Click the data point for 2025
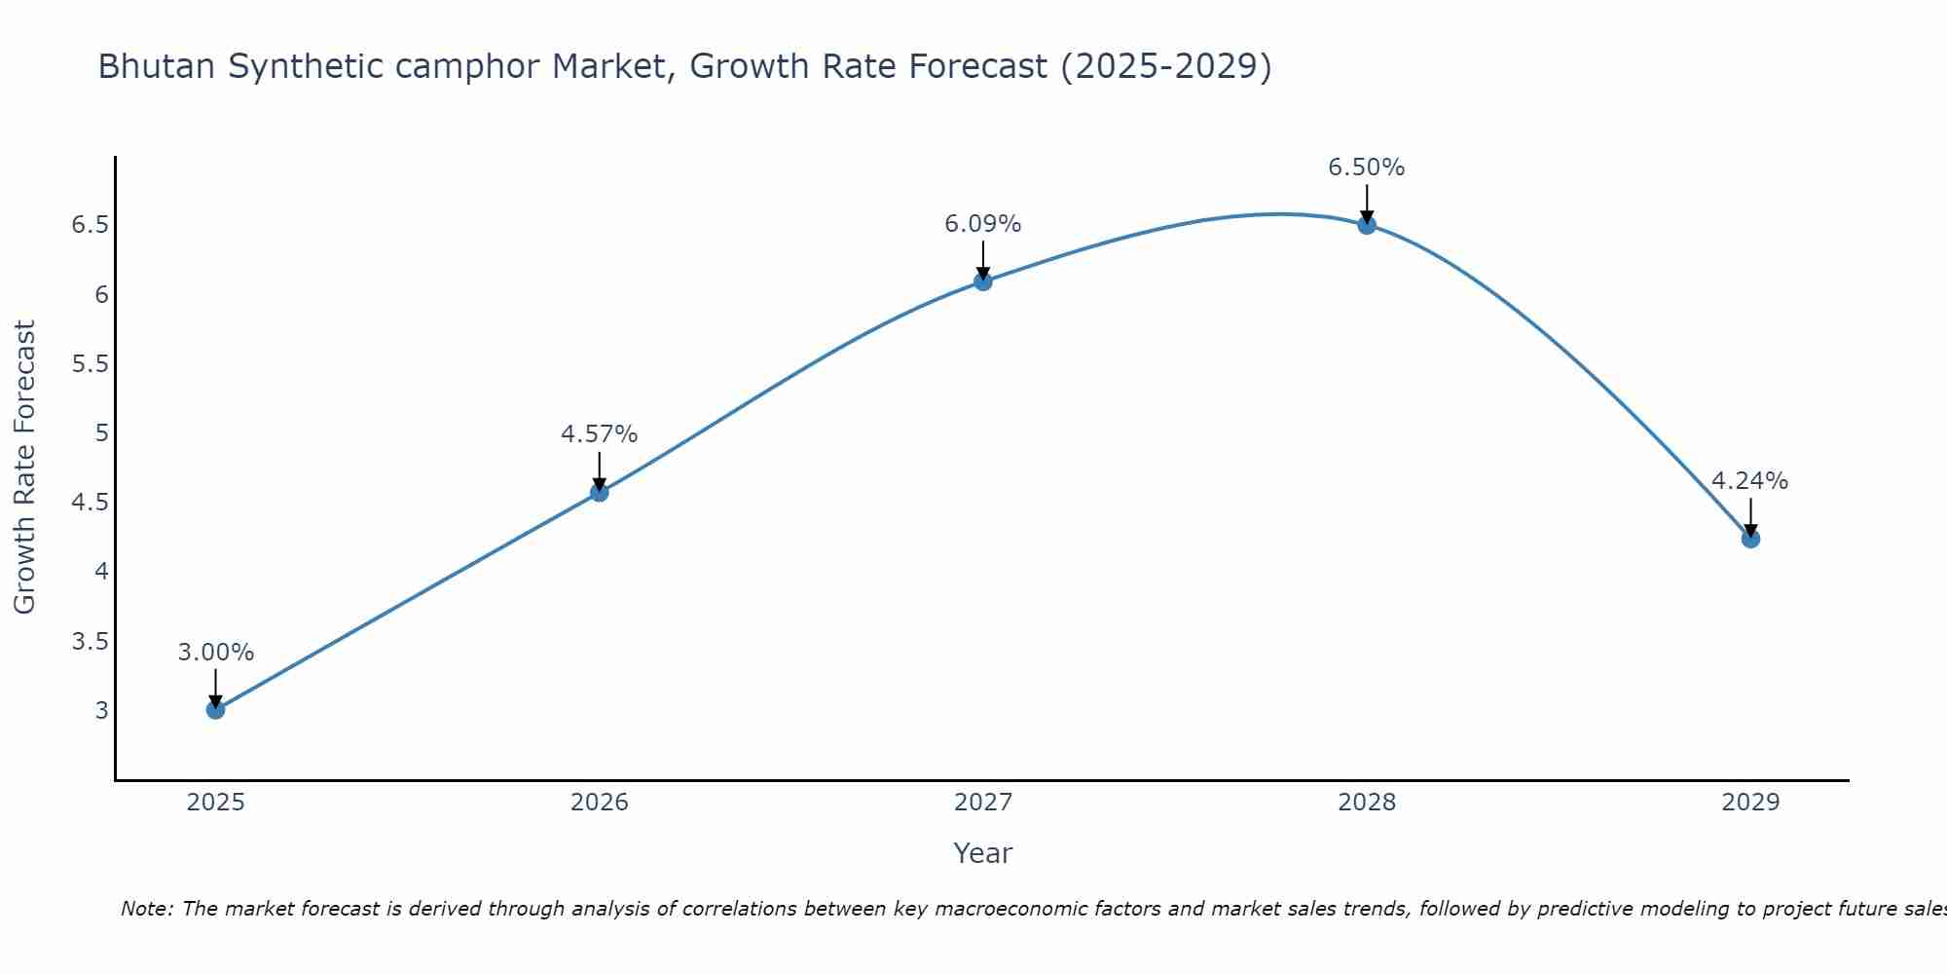pos(215,710)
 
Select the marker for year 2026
pos(600,493)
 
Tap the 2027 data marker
pos(983,281)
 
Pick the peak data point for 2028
pos(1367,225)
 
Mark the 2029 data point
pos(1750,539)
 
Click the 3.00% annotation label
pos(215,653)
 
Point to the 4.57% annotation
pos(600,434)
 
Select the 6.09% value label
pos(983,224)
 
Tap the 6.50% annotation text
pos(1367,168)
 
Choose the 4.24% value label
pos(1750,481)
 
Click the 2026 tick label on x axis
pos(600,803)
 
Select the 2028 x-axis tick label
pos(1367,803)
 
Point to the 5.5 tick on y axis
pos(90,364)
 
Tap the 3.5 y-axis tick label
pos(90,642)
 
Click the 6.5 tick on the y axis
pos(90,226)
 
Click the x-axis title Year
pos(983,853)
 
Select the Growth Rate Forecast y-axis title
pos(24,468)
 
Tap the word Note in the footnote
pos(146,909)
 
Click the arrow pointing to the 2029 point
pos(1750,516)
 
